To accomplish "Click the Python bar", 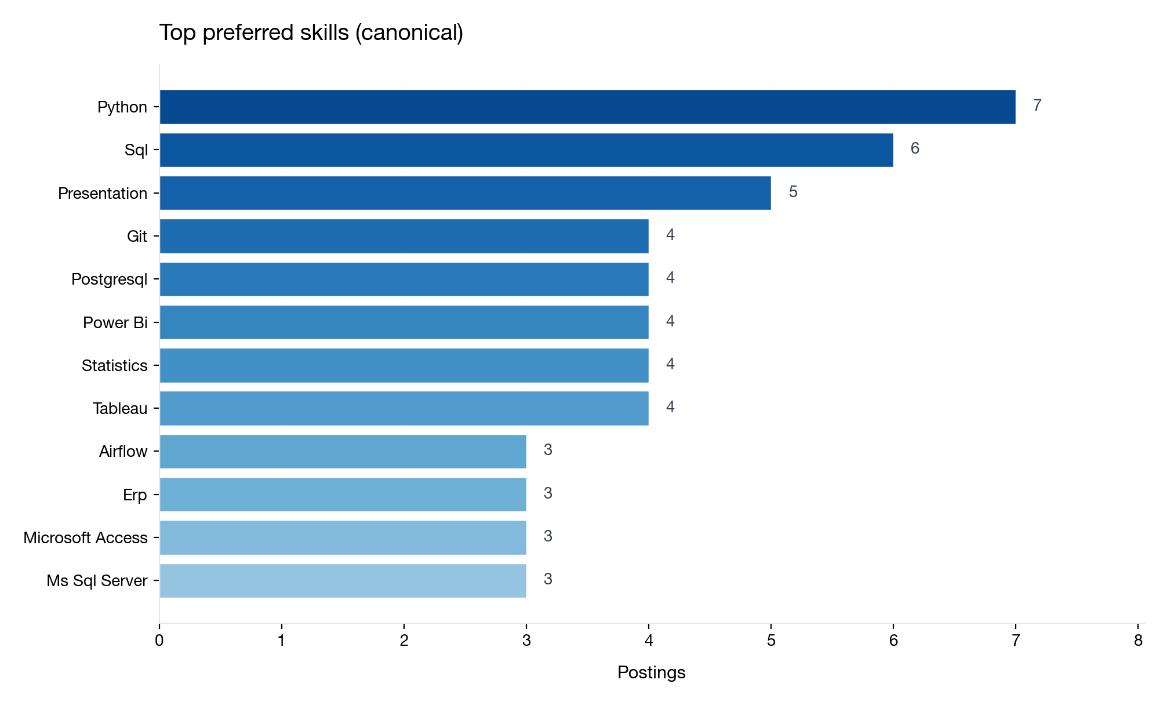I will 587,107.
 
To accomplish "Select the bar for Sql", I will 526,150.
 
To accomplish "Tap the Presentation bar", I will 465,193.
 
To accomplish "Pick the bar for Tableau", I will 403,408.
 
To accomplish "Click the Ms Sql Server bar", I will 343,580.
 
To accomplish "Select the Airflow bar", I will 343,452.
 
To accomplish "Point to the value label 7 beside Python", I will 1037,106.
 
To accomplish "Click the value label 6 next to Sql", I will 915,148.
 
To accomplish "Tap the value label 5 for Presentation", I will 793,192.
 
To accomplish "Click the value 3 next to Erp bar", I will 548,493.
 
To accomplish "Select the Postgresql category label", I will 109,279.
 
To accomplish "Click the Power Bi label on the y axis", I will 115,322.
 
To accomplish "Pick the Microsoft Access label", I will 85,538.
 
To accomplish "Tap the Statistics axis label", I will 114,366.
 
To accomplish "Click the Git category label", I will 137,237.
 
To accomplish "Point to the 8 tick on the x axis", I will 1138,641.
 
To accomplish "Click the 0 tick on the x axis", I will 159,641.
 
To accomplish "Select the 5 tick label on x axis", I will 771,641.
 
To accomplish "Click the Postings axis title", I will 651,673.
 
